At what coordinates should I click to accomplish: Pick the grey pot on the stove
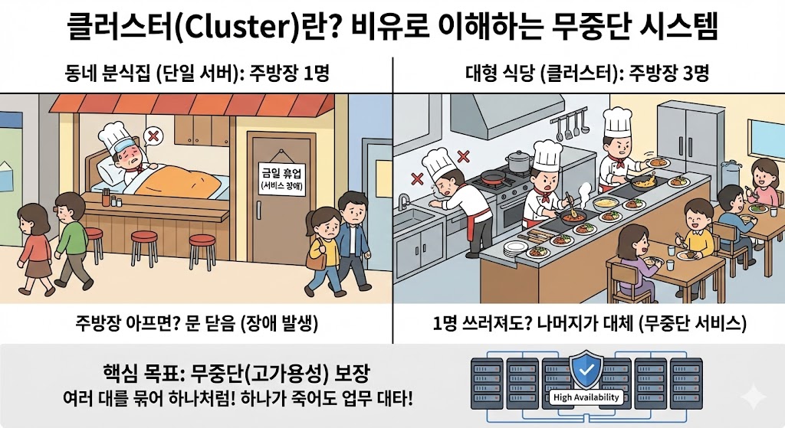pyautogui.click(x=520, y=161)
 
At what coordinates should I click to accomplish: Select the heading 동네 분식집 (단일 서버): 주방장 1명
pyautogui.click(x=197, y=75)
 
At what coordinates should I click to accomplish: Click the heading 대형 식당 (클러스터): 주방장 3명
pyautogui.click(x=587, y=75)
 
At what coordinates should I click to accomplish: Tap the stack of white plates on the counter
pyautogui.click(x=514, y=248)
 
